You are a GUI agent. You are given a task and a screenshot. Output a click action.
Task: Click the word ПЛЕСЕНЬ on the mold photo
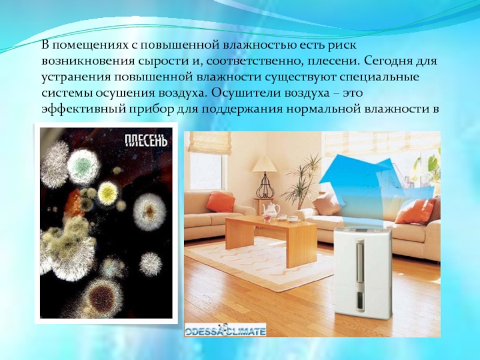click(x=146, y=141)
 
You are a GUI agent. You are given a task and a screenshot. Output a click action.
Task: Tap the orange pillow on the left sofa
click(x=220, y=202)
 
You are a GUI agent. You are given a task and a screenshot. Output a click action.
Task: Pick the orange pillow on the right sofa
click(x=415, y=211)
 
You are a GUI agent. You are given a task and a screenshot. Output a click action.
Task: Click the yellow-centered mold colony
click(x=108, y=193)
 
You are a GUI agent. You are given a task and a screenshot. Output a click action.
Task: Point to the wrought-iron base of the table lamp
click(x=264, y=185)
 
